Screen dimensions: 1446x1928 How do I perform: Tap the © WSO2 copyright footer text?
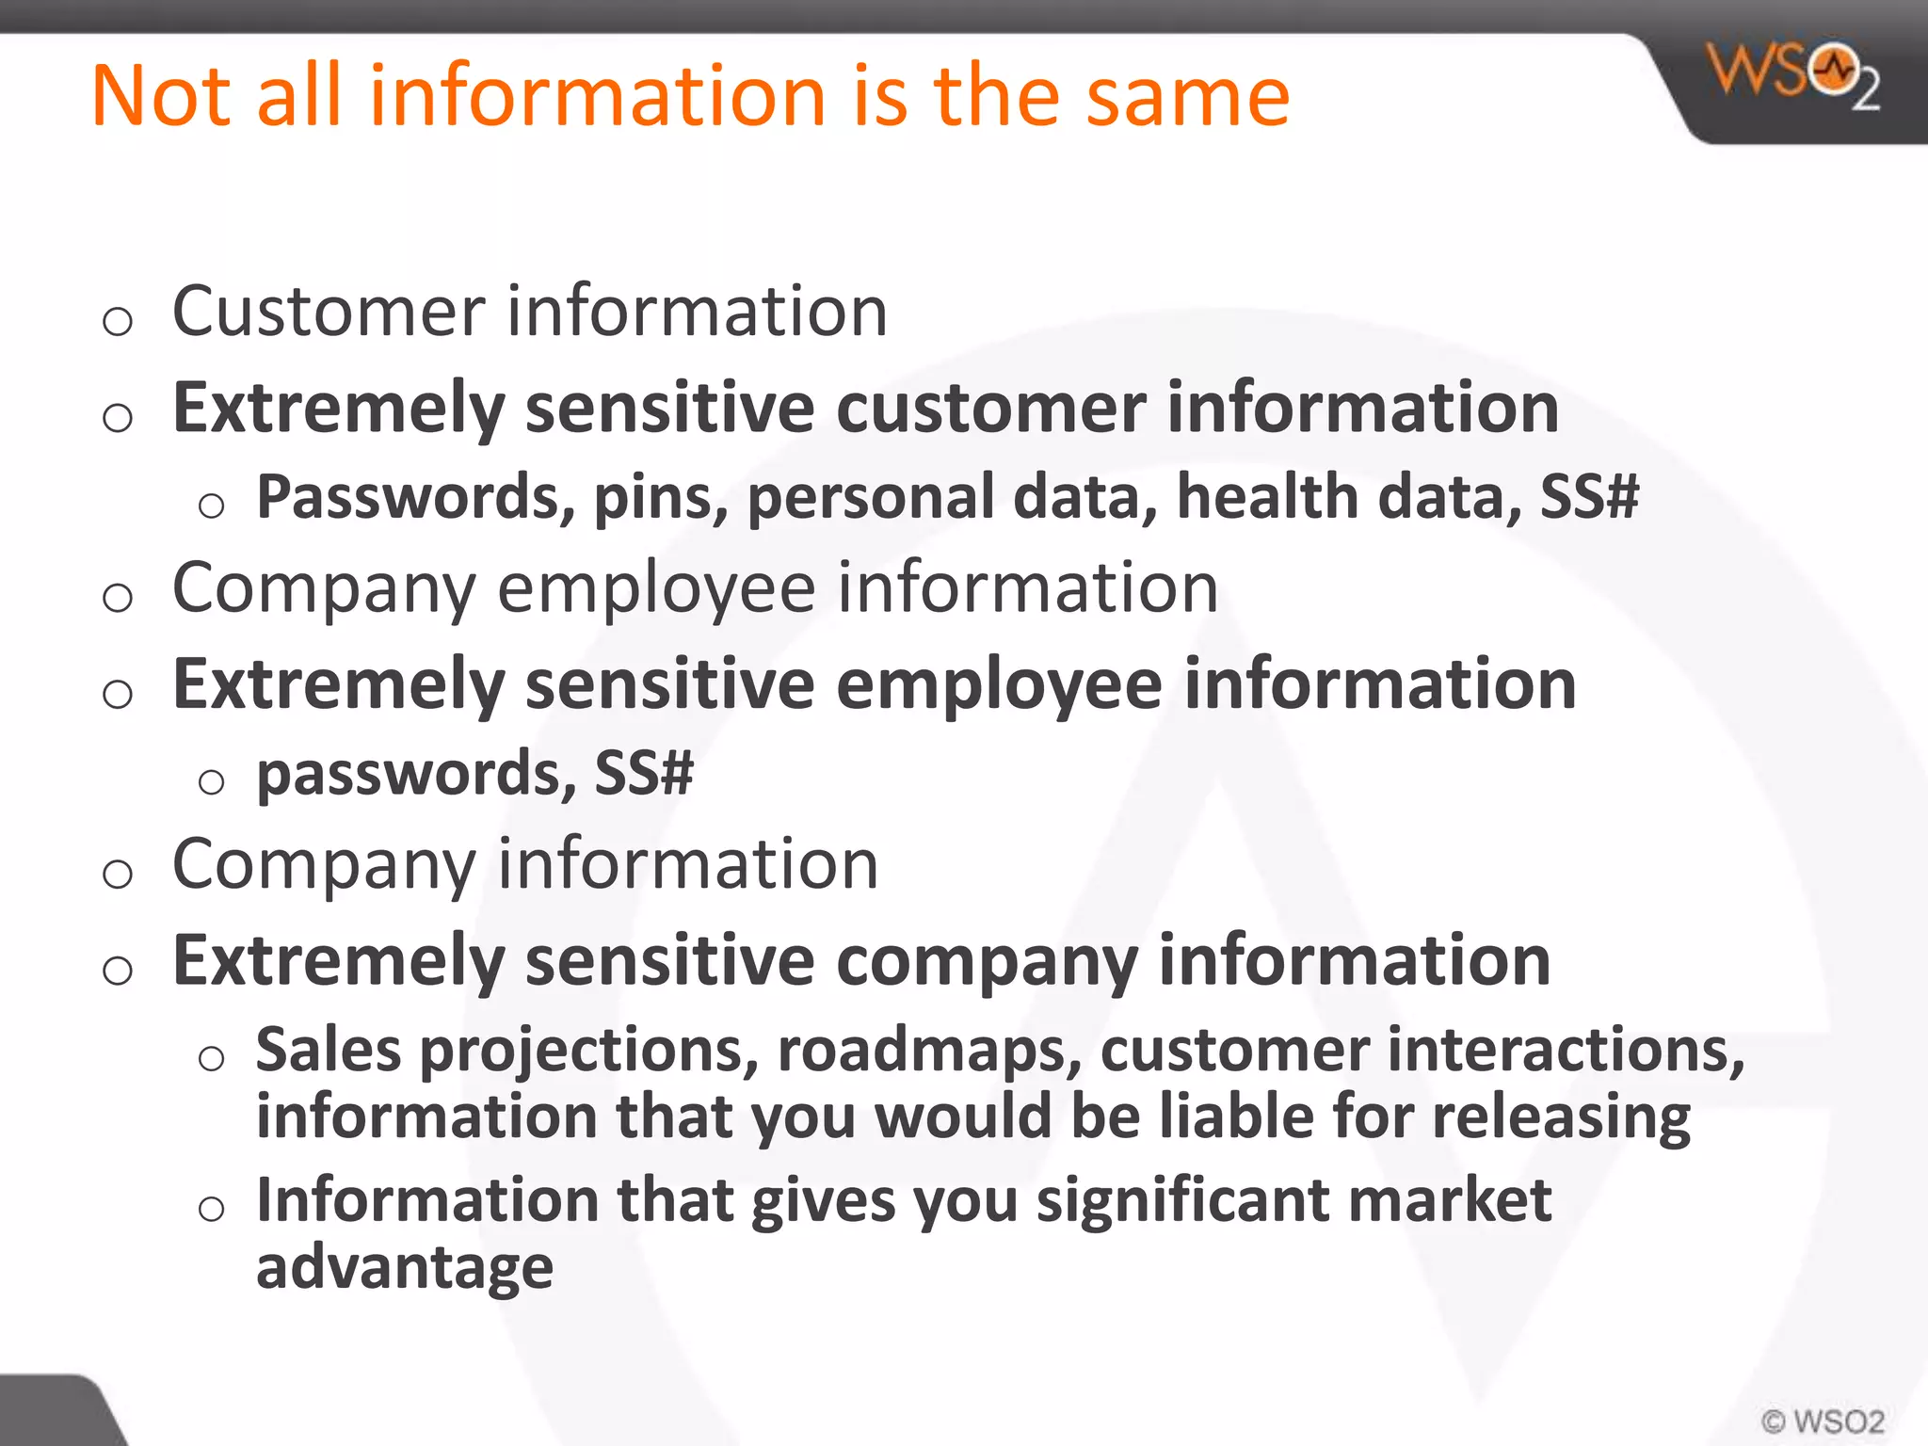[x=1822, y=1421]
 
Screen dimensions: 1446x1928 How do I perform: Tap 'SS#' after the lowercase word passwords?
[x=644, y=773]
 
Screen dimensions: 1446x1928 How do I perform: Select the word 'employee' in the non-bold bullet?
[x=656, y=588]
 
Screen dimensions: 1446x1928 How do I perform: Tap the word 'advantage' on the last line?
[x=405, y=1267]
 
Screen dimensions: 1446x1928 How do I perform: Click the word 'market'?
[x=1450, y=1200]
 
